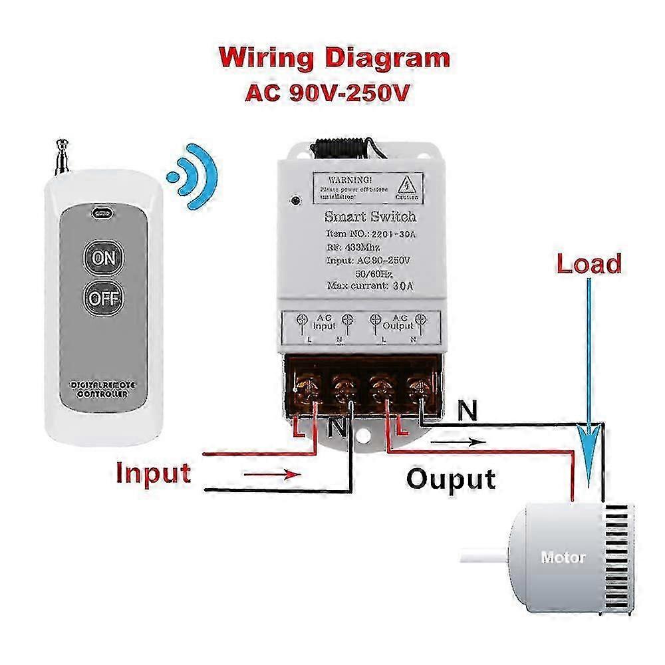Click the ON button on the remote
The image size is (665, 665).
103,257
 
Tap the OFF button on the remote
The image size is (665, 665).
103,297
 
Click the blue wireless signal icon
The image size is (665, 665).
194,176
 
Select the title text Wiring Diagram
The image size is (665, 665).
334,58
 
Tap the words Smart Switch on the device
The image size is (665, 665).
370,217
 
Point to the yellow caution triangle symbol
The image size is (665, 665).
406,184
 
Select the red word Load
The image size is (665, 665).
589,264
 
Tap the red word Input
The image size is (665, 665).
154,473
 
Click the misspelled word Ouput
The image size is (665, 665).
452,478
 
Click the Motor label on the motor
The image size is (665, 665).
563,557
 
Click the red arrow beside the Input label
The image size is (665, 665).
273,474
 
